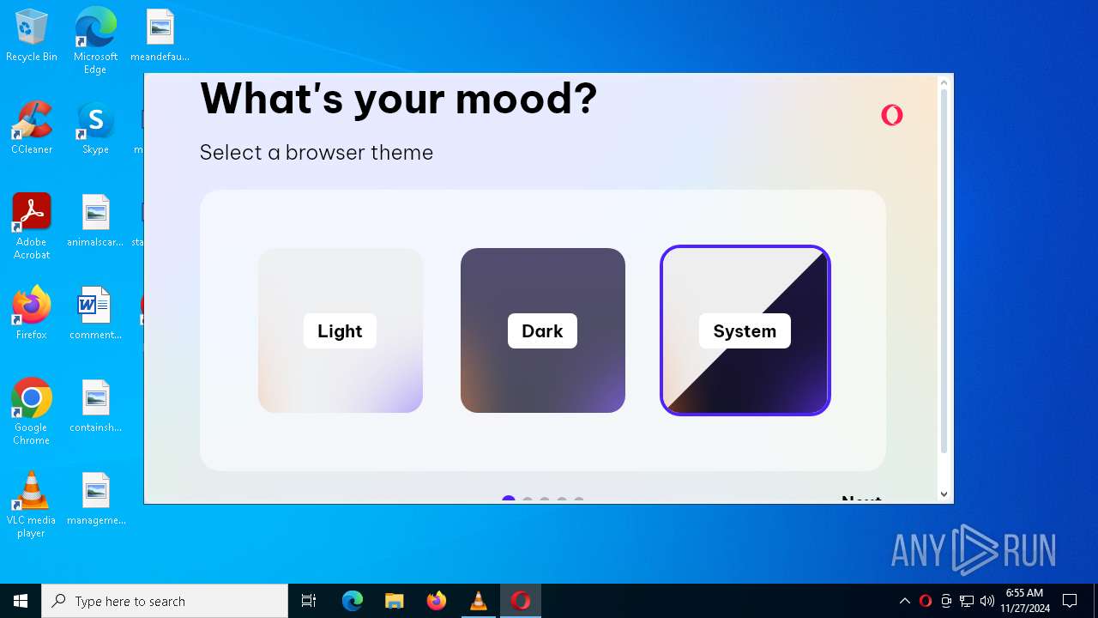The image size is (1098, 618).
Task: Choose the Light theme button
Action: tap(340, 330)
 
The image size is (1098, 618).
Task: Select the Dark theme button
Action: tap(542, 330)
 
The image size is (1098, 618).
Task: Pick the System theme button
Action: tap(745, 330)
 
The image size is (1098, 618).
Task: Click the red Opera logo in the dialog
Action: tap(892, 115)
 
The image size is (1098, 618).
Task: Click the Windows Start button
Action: tap(21, 601)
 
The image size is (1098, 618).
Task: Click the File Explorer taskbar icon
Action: tap(395, 601)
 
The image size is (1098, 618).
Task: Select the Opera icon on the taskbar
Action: tap(521, 601)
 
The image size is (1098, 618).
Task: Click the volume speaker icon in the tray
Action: tap(987, 601)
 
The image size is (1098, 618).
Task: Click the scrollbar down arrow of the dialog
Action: tap(944, 494)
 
